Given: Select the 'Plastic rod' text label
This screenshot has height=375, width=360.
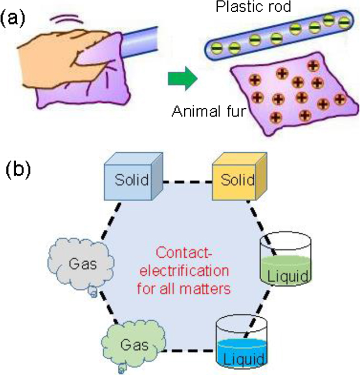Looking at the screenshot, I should click(266, 6).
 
